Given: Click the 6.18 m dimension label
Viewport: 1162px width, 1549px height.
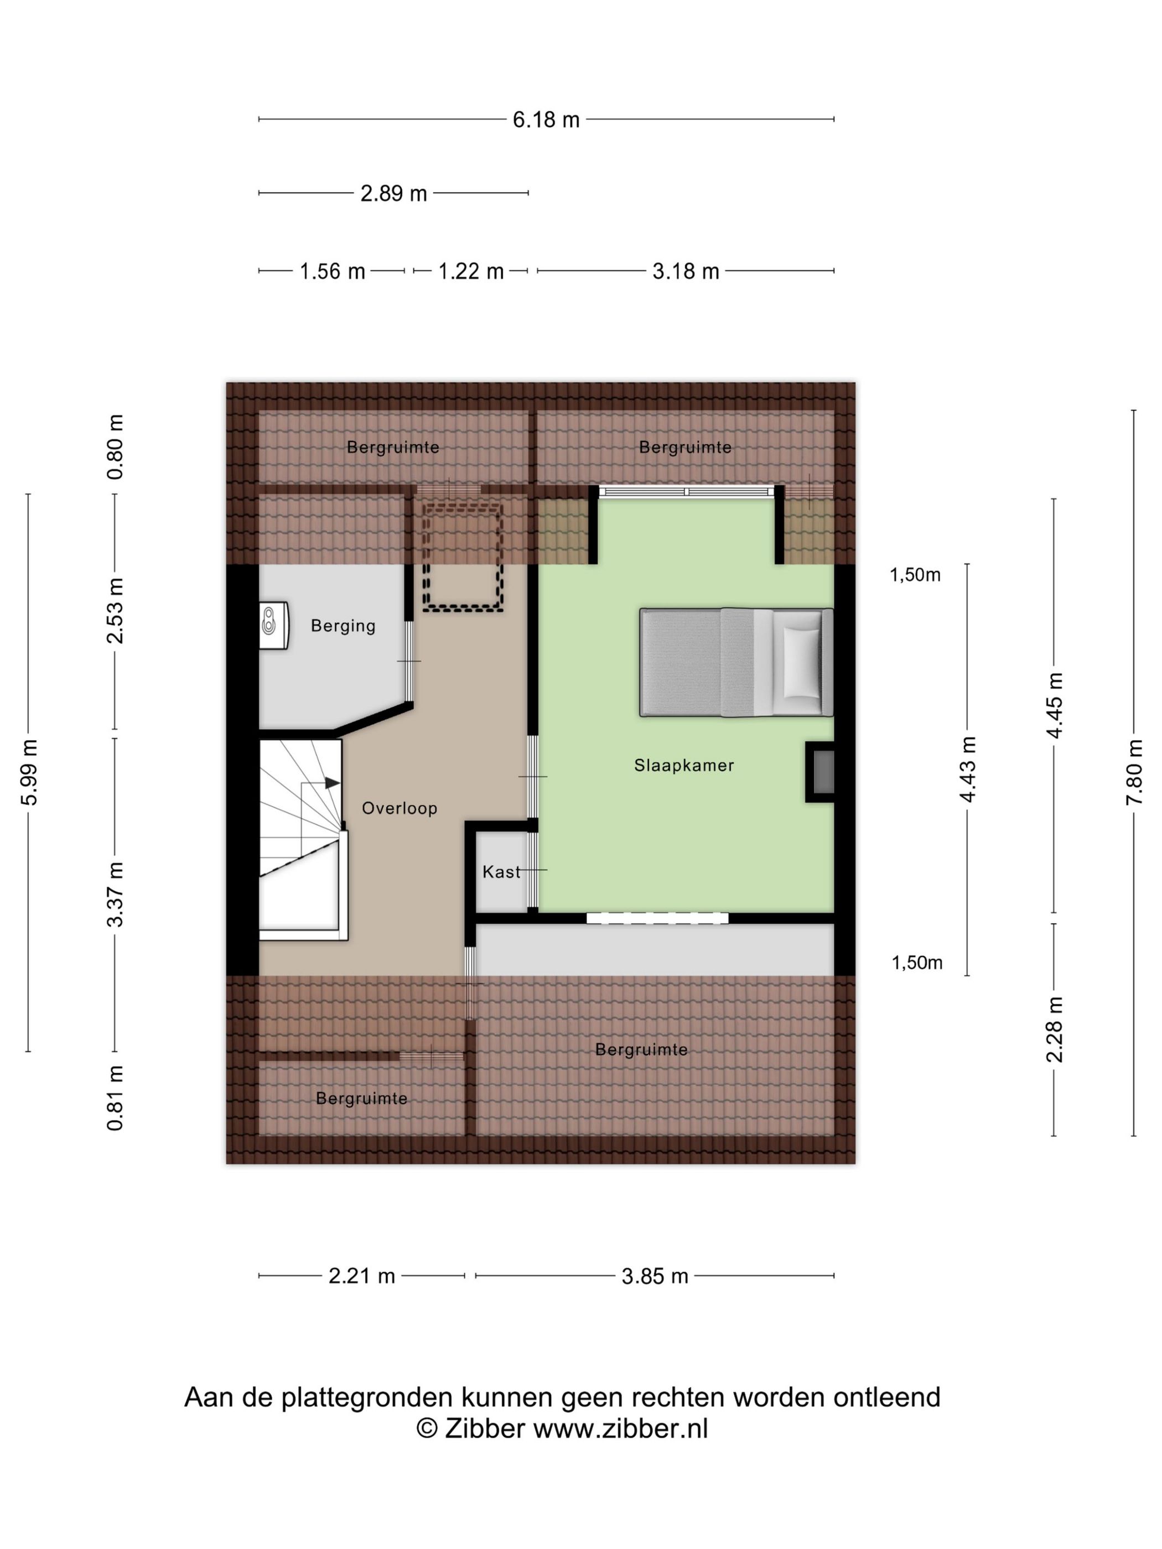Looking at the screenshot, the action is [x=546, y=119].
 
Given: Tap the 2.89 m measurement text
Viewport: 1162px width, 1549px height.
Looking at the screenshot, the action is [x=393, y=193].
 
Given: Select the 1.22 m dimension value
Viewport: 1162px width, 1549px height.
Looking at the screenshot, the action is [x=471, y=271].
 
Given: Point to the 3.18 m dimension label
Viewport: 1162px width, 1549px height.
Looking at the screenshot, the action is [x=686, y=271].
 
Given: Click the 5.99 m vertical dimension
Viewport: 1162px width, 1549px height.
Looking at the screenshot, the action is [x=29, y=772].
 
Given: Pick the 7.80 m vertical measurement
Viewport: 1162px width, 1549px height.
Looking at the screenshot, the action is [x=1134, y=772].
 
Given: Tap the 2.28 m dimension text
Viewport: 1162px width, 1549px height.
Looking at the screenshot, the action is [x=1054, y=1030].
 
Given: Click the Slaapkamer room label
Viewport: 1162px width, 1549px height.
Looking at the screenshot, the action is [x=683, y=766].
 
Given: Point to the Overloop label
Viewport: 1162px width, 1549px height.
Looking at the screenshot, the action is [x=400, y=808].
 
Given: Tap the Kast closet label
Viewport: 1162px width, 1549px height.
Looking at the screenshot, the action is [x=501, y=872].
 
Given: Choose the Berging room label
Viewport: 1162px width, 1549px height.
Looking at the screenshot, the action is [x=343, y=626].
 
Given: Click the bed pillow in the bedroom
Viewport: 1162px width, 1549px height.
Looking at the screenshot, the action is [x=801, y=662].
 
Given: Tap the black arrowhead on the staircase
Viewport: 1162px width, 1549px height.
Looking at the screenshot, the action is [x=333, y=783].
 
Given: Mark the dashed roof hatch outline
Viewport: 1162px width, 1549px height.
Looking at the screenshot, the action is [x=463, y=555].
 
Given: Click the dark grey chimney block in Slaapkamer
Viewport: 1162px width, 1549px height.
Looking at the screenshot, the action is [x=820, y=772].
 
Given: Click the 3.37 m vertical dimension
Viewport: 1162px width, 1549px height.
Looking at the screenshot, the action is [x=116, y=894].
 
